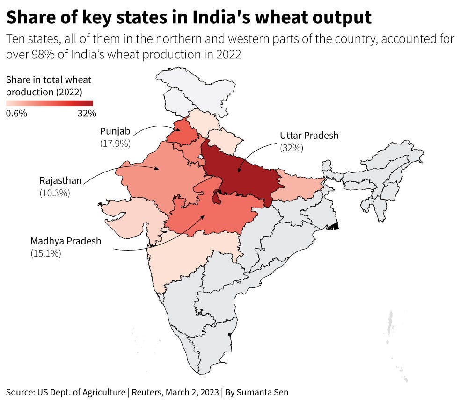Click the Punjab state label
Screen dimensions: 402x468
pyautogui.click(x=115, y=131)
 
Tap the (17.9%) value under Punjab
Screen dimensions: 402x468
pyautogui.click(x=115, y=143)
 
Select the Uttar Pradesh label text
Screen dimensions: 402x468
pyautogui.click(x=309, y=136)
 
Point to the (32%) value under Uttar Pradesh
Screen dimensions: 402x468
pyautogui.click(x=292, y=148)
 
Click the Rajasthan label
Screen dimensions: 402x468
pyautogui.click(x=61, y=180)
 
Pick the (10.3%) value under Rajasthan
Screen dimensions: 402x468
pyautogui.click(x=55, y=192)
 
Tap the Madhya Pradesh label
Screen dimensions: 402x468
pyautogui.click(x=66, y=241)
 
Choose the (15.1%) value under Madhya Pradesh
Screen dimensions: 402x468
pyautogui.click(x=46, y=253)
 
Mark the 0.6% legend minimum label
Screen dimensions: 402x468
pyautogui.click(x=16, y=113)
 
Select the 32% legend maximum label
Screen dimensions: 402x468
pyautogui.click(x=87, y=113)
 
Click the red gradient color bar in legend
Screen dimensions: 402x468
pyautogui.click(x=49, y=103)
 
